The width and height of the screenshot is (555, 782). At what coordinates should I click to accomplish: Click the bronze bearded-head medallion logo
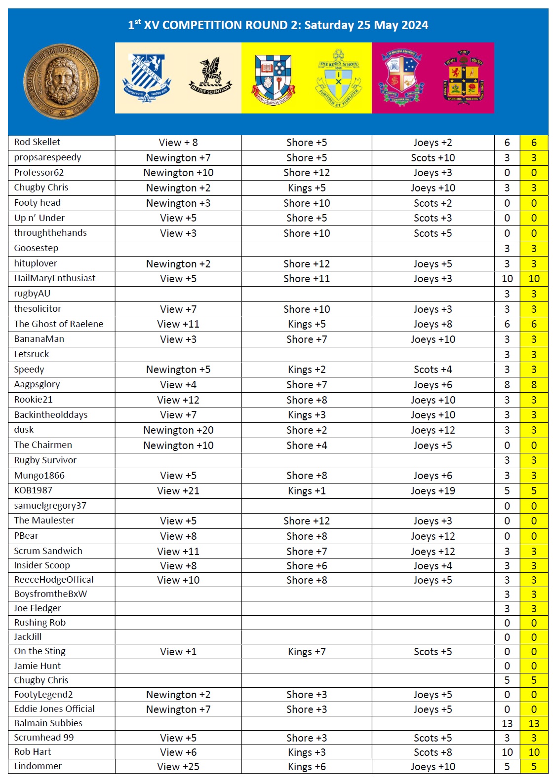tap(61, 81)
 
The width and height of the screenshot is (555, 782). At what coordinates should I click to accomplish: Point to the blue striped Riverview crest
tap(146, 78)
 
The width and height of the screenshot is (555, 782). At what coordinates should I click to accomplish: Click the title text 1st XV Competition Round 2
tap(277, 25)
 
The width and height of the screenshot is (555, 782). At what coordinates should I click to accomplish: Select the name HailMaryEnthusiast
tap(55, 278)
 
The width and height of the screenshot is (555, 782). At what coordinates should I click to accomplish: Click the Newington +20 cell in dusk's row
tap(178, 430)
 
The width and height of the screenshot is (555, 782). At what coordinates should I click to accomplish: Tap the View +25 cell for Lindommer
tap(178, 767)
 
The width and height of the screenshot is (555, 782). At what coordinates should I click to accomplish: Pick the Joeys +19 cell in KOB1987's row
tap(433, 491)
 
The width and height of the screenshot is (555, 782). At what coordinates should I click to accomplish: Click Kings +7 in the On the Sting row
tap(307, 652)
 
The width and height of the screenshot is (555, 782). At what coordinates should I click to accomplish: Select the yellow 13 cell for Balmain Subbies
tap(534, 724)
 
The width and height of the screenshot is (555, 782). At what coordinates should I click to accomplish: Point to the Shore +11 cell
tap(307, 279)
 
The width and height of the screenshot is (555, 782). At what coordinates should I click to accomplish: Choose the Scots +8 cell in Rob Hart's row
tap(433, 752)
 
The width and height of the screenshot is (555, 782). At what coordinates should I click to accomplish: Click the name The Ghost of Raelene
tap(59, 324)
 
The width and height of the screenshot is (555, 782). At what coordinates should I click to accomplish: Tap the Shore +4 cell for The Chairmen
tap(307, 446)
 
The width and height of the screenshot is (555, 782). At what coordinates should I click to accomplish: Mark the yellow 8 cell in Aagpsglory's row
tap(534, 385)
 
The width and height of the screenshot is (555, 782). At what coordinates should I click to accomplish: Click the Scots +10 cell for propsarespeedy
tap(433, 158)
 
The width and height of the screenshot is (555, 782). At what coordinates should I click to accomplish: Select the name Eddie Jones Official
tap(54, 709)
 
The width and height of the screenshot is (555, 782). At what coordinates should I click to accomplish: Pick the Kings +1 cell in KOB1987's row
tap(307, 491)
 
